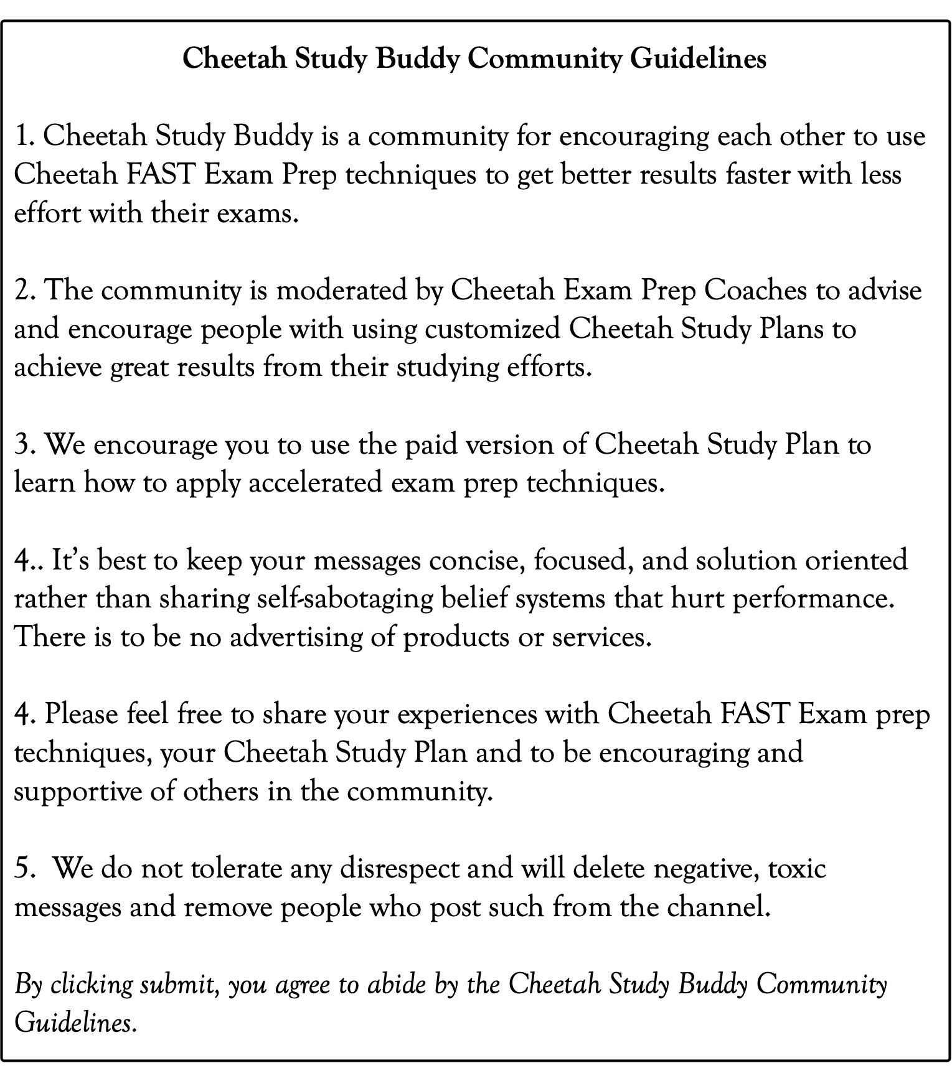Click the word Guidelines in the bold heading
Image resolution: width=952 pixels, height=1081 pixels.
tap(698, 59)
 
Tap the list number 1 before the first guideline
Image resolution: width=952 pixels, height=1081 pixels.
tap(24, 136)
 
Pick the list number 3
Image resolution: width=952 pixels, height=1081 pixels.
tap(24, 445)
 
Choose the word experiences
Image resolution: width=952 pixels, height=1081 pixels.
tap(467, 714)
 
